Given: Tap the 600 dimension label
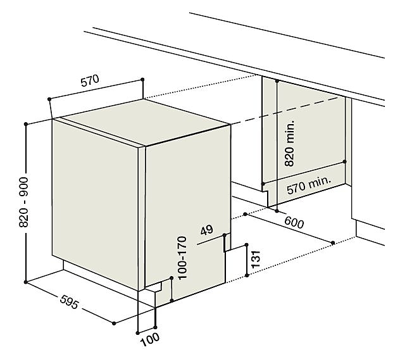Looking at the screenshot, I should [295, 222].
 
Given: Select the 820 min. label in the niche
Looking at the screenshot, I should [290, 143].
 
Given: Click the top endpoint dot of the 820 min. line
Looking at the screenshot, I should [277, 82].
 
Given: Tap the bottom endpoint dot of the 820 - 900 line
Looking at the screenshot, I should [25, 280].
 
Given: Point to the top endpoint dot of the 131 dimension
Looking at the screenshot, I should [246, 243].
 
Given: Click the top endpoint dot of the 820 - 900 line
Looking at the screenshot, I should [25, 124].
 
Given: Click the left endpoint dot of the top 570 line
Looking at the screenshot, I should [48, 99].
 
